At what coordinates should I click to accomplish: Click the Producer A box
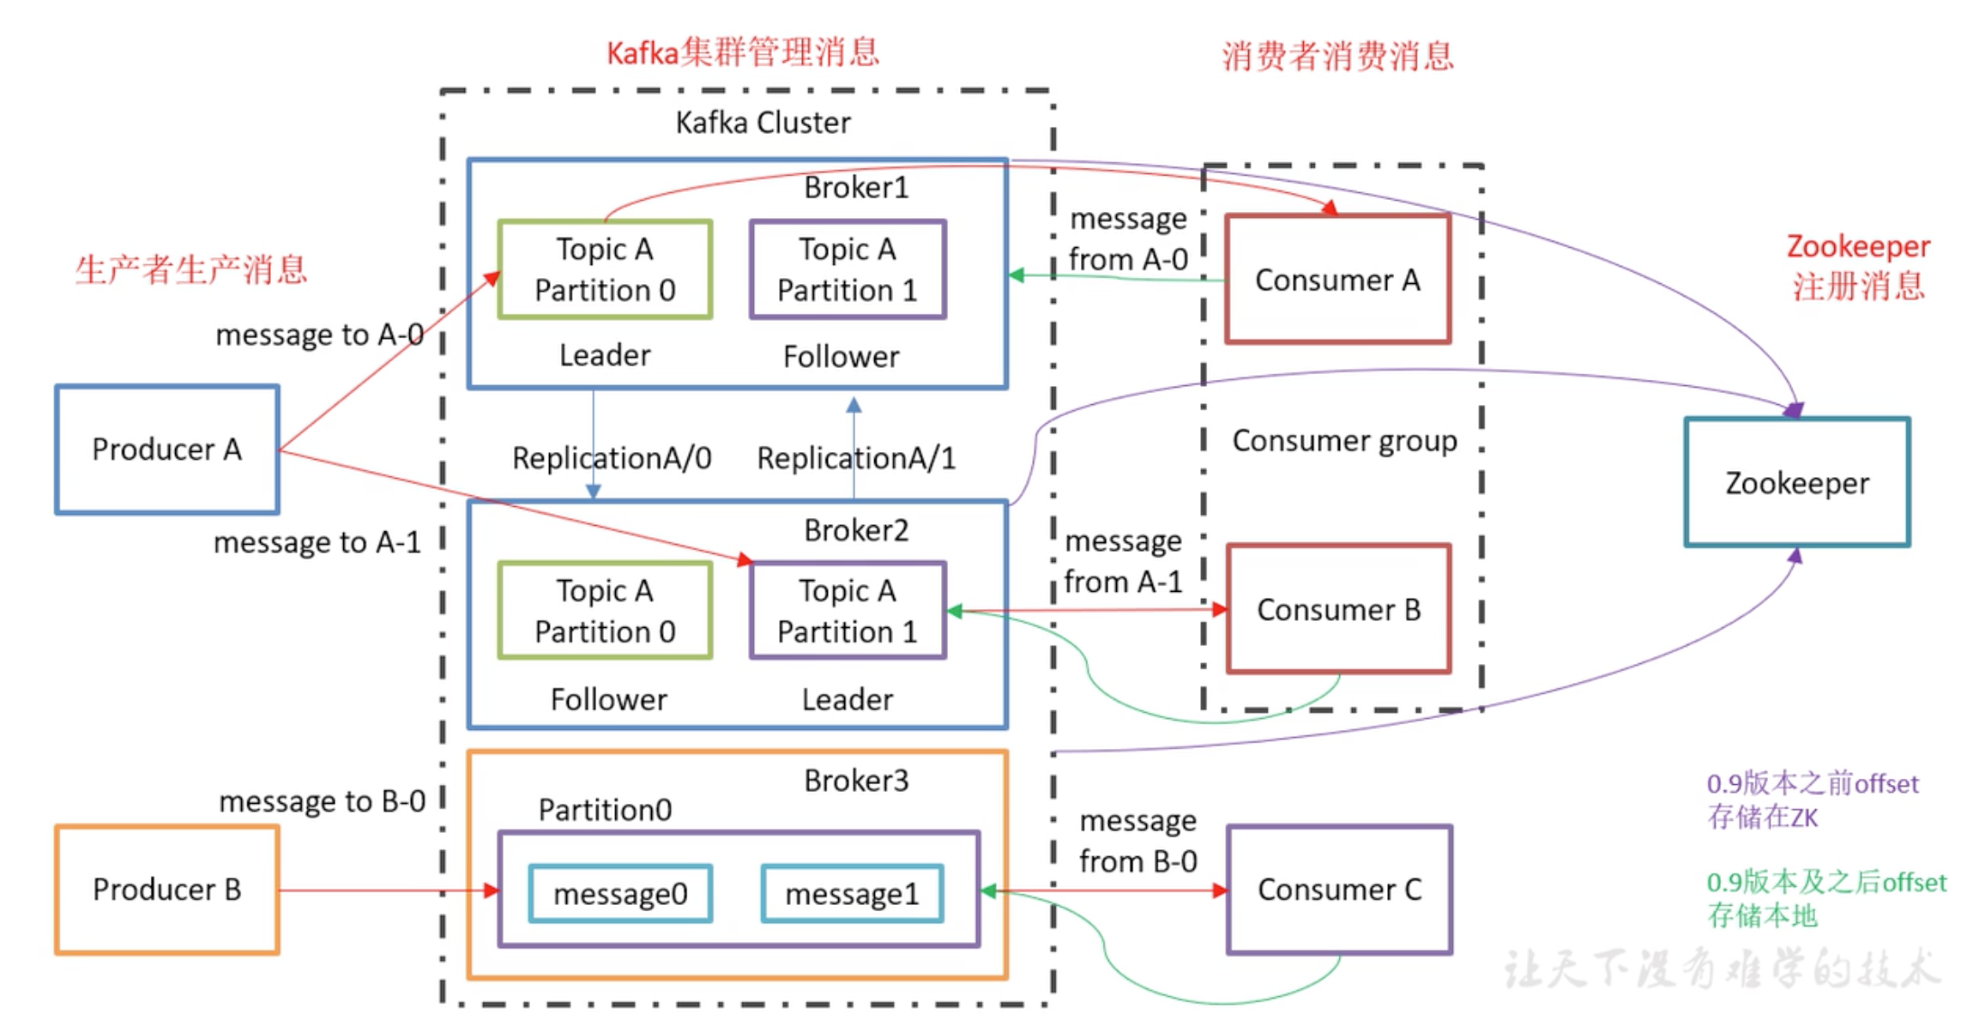click(167, 450)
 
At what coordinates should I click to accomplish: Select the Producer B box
click(167, 890)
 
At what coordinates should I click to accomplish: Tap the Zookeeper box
click(1797, 483)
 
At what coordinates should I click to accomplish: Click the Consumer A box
click(1337, 280)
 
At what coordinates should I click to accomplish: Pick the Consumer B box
click(1338, 609)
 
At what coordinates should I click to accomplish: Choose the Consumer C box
click(1339, 890)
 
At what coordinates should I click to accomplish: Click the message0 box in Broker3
click(620, 894)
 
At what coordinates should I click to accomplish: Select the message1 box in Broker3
click(852, 894)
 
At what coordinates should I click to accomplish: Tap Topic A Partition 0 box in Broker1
click(605, 269)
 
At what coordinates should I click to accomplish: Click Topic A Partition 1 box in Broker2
click(848, 611)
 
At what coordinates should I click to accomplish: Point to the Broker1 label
click(856, 187)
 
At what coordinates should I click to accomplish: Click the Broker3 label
click(856, 781)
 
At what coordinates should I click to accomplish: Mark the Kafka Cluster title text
click(763, 123)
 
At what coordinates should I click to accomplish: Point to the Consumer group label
click(1344, 441)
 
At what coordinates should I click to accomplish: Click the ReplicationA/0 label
click(612, 458)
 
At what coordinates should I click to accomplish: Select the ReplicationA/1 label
click(856, 458)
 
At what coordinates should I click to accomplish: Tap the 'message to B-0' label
click(322, 801)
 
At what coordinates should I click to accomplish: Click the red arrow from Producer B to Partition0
click(386, 890)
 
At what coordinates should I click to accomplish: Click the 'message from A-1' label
click(1124, 561)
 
